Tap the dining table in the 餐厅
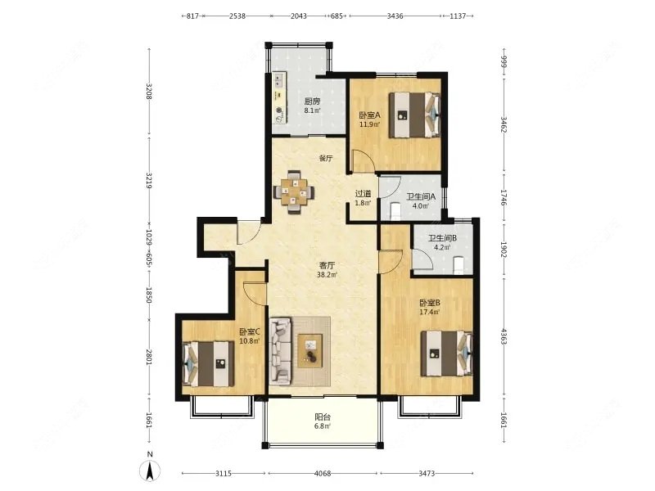pos(294,192)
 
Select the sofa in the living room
pos(280,351)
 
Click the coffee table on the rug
pos(310,351)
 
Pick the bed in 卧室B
pos(446,354)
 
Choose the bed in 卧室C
pos(209,363)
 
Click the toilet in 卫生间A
pos(395,211)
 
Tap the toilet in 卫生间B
pos(458,265)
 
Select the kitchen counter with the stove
pos(279,98)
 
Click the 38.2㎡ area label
pos(327,275)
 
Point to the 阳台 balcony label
pos(323,417)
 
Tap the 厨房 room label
pos(312,101)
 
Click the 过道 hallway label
pos(363,194)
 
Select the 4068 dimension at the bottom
pos(323,474)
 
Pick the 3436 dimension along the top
pos(395,16)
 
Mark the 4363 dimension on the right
pos(504,336)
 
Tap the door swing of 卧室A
pos(363,160)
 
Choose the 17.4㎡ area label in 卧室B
pos(430,312)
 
